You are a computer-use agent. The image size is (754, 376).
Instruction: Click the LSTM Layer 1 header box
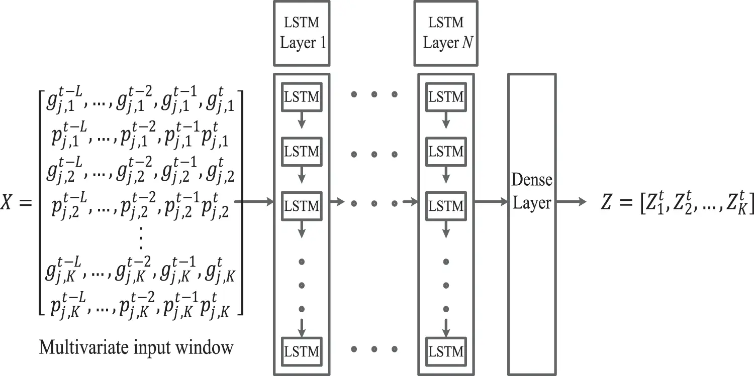(302, 33)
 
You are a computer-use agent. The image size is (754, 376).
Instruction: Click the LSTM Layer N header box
(445, 33)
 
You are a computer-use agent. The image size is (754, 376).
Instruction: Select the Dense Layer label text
(531, 192)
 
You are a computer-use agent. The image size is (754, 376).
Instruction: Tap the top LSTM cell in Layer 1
(302, 97)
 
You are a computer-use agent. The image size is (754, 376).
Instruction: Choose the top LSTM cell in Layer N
(445, 97)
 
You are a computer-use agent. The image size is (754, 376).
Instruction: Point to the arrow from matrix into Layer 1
(253, 202)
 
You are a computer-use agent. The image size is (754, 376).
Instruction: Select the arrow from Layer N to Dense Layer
(490, 202)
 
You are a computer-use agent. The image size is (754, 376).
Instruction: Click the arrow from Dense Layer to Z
(571, 202)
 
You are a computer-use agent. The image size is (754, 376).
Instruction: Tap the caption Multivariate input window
(136, 347)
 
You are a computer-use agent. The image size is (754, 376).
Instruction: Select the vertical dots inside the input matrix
(141, 238)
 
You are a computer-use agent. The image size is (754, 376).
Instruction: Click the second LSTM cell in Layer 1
(302, 151)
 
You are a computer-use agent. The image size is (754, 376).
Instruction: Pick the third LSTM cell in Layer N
(445, 206)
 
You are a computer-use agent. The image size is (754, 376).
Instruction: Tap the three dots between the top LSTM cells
(374, 94)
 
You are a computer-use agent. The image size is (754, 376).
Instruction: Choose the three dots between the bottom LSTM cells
(374, 348)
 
